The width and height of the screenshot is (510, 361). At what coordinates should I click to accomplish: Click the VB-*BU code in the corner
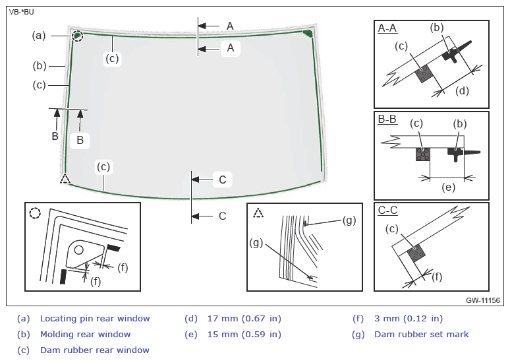click(x=22, y=13)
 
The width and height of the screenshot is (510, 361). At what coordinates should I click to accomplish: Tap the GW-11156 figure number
click(x=483, y=300)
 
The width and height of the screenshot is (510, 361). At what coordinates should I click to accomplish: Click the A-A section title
click(x=387, y=28)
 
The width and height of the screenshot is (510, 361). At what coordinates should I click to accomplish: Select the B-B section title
click(x=387, y=119)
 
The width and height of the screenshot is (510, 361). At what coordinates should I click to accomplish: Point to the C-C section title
click(x=387, y=210)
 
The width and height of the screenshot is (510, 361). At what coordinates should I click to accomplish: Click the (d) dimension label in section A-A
click(x=462, y=90)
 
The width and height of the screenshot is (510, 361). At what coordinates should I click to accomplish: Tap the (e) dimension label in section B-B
click(x=448, y=187)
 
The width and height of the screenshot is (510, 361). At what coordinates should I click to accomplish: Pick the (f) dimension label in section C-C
click(x=437, y=277)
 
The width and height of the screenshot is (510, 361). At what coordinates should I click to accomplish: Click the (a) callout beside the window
click(x=39, y=35)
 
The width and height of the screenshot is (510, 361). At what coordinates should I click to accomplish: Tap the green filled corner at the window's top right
click(x=308, y=33)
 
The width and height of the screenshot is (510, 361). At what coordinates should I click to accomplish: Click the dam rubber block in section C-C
click(x=416, y=253)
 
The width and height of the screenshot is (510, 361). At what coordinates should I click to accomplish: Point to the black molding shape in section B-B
click(x=459, y=152)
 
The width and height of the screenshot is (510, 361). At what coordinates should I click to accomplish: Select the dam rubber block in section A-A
click(x=424, y=74)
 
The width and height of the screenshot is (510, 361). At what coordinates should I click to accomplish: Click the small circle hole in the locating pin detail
click(x=78, y=250)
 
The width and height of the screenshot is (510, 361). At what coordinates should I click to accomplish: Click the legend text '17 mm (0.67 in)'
click(x=244, y=318)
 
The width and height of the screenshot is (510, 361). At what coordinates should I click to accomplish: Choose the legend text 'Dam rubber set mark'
click(x=422, y=335)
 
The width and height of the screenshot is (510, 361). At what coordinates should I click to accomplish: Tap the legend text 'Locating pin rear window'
click(x=95, y=318)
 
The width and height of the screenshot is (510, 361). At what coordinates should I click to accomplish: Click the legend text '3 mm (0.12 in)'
click(x=409, y=318)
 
